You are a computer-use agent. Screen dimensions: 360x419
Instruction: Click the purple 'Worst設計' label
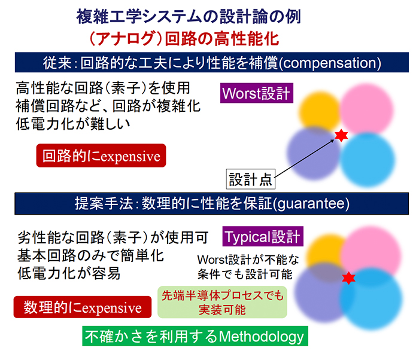[x=256, y=94]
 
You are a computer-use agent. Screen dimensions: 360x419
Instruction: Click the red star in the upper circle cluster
[x=341, y=137]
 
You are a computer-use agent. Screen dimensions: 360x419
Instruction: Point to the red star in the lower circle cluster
[x=348, y=278]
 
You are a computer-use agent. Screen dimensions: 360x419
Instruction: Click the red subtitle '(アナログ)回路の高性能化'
[x=183, y=39]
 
